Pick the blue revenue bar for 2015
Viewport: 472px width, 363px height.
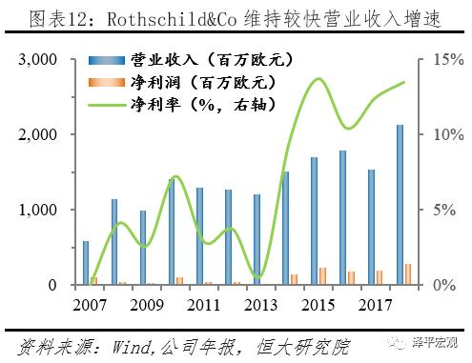[x=315, y=221]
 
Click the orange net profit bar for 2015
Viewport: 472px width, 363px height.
[x=322, y=276]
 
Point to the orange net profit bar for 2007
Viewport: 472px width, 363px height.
[x=93, y=281]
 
